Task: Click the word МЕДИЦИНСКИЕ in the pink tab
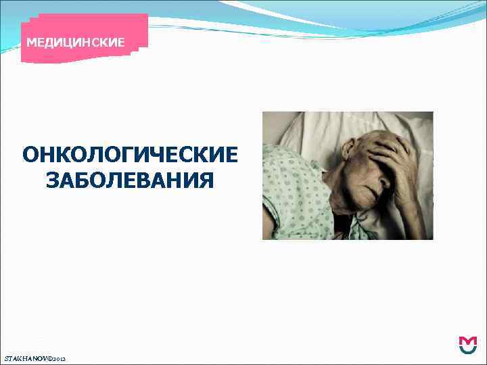click(75, 43)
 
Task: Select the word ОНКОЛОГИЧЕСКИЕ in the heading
click(130, 155)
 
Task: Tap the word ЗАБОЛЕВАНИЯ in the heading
click(130, 181)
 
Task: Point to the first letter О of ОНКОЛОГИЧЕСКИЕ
click(30, 155)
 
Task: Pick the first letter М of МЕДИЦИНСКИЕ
click(31, 43)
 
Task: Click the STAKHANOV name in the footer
click(26, 356)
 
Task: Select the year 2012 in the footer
click(60, 357)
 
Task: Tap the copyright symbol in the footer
click(50, 356)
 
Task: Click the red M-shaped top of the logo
click(467, 339)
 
